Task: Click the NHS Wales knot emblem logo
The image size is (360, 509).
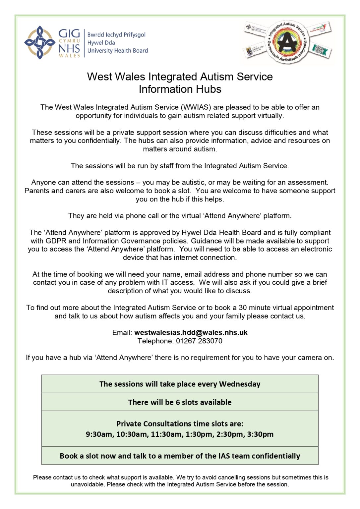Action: (39, 42)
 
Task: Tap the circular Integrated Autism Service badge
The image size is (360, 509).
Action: (287, 42)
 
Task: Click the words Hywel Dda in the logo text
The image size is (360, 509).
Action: (101, 43)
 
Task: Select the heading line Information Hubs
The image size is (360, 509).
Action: (180, 89)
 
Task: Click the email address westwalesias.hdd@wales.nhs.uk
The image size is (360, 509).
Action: (191, 333)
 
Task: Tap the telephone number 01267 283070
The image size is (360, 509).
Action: (199, 341)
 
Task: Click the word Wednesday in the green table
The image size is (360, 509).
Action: (240, 384)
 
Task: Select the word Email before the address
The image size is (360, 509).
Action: (122, 333)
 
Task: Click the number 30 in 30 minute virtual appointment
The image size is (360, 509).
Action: (243, 308)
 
